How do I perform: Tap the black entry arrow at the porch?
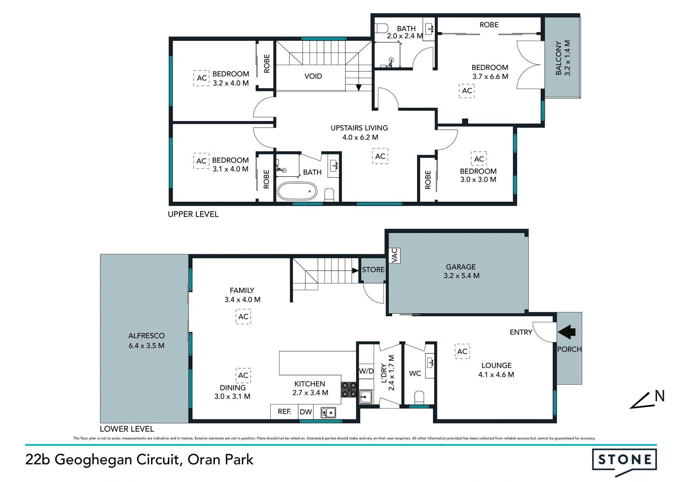(567, 332)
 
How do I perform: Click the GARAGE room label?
(461, 267)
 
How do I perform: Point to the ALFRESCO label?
(146, 336)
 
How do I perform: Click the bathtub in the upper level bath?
(297, 191)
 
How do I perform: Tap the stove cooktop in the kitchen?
(349, 389)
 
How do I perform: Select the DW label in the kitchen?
(306, 412)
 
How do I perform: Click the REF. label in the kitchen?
(285, 412)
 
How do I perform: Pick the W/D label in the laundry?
(366, 371)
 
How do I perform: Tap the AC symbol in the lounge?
(462, 351)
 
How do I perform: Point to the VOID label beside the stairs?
(313, 76)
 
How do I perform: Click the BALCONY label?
(559, 58)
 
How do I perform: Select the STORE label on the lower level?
(373, 270)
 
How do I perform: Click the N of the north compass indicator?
(660, 396)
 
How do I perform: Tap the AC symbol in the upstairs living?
(380, 156)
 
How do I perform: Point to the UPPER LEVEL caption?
(193, 214)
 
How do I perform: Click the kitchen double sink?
(328, 412)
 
